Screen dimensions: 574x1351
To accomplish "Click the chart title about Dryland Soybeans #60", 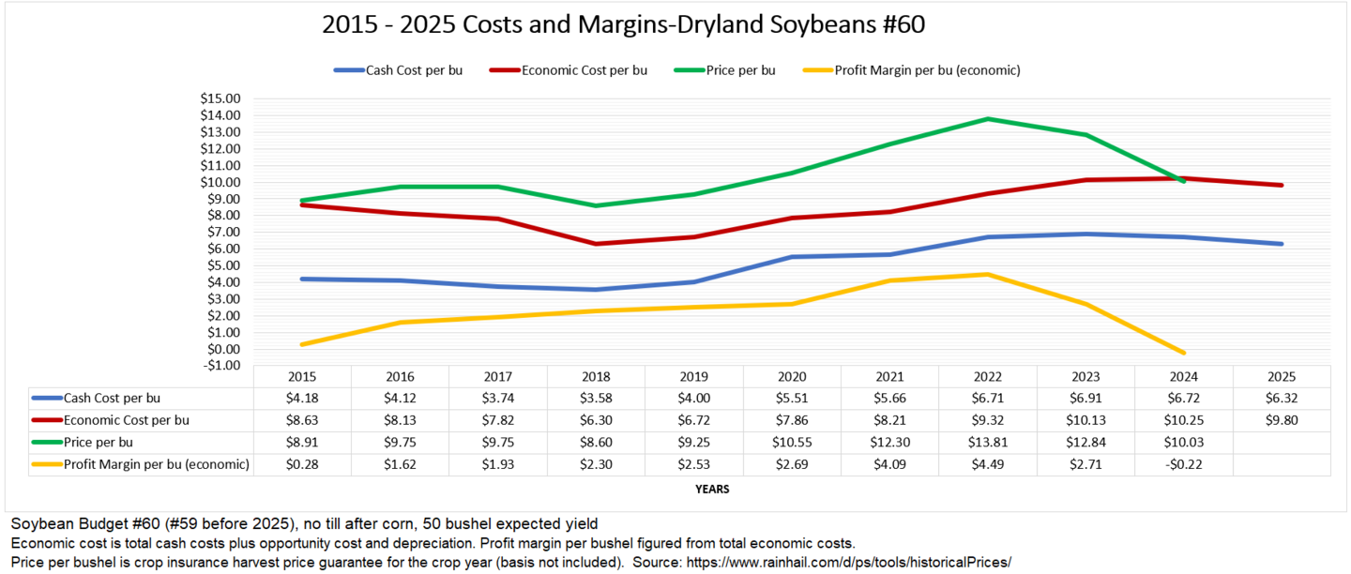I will (623, 24).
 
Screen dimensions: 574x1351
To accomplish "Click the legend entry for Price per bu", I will (740, 70).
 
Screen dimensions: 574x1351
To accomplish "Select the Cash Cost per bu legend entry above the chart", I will (414, 70).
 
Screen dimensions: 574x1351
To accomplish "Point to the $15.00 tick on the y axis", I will (221, 98).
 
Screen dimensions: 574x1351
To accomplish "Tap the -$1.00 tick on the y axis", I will (221, 366).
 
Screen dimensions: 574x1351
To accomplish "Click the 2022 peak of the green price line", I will (987, 119).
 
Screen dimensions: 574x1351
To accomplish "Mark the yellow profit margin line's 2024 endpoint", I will (1184, 353).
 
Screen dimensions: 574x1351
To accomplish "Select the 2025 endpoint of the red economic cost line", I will (1281, 185).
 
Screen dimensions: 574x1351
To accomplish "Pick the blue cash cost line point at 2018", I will (596, 289).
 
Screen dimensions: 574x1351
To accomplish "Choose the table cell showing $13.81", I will (987, 442).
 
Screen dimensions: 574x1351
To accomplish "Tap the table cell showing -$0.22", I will (1183, 463).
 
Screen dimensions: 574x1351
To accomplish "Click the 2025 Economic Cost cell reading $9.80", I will (1281, 420).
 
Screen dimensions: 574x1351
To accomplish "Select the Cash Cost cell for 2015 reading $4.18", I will (302, 398).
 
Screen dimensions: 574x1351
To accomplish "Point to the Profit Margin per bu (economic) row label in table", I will (156, 463).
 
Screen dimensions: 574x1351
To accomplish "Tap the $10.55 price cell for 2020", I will (791, 442).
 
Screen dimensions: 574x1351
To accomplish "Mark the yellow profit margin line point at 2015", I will (302, 344).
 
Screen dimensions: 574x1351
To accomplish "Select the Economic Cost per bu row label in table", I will (126, 420).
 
